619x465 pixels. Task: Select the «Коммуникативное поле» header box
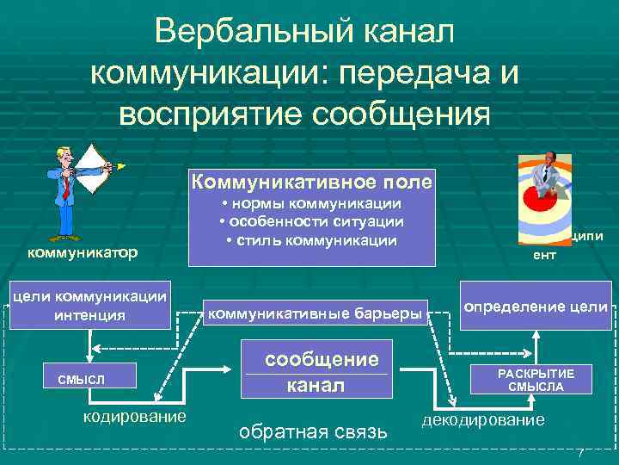click(312, 183)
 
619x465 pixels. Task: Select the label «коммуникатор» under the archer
click(83, 252)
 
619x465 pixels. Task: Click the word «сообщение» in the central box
click(321, 360)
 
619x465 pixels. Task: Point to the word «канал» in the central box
click(315, 386)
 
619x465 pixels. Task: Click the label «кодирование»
click(133, 416)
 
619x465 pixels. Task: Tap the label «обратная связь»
click(312, 431)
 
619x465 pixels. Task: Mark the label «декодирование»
click(482, 419)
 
